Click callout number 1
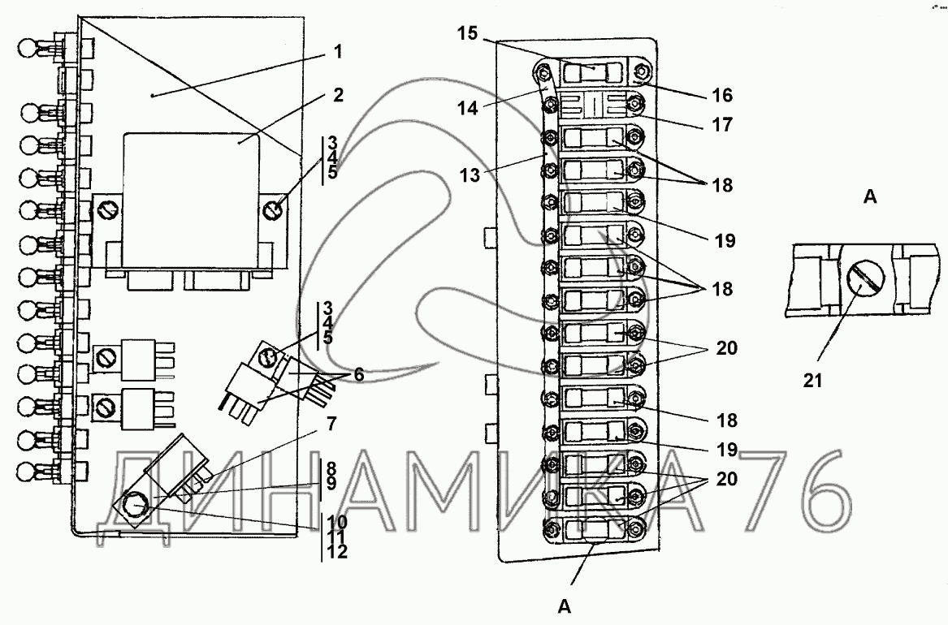337,54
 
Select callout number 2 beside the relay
337,95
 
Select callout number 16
721,96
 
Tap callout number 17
721,126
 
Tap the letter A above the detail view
869,196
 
